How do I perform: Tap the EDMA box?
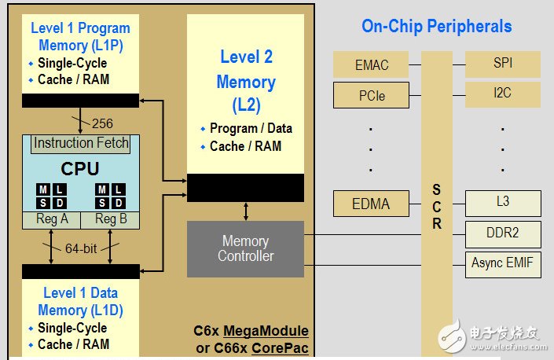[372, 204]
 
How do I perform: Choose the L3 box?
[503, 203]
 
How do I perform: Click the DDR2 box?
[503, 233]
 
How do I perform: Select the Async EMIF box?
[503, 263]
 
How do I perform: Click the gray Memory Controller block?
[245, 248]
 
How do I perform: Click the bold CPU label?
[79, 168]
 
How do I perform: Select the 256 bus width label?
[102, 123]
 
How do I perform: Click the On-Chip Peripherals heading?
[436, 26]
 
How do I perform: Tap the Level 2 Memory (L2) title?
[246, 81]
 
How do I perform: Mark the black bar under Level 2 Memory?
[245, 187]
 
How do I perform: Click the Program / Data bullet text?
[251, 128]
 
